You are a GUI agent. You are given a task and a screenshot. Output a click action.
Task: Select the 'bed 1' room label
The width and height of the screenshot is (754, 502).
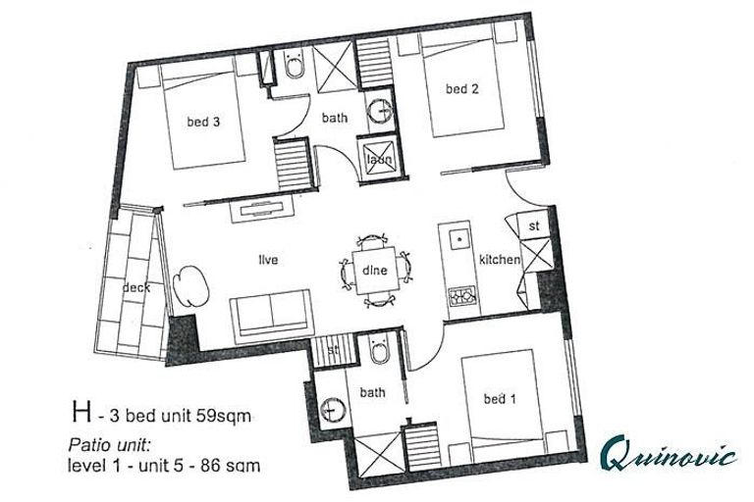click(x=498, y=399)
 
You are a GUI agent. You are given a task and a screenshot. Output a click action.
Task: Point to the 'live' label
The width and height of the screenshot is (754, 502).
click(x=268, y=260)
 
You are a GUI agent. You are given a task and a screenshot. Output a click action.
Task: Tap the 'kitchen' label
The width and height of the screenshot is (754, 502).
click(x=499, y=260)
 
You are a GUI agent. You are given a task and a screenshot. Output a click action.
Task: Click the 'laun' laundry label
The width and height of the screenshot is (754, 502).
click(x=379, y=160)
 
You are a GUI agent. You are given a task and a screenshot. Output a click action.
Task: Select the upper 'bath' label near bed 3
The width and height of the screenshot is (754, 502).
click(x=335, y=118)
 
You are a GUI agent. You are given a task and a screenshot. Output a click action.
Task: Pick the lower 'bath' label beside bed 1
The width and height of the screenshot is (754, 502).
click(x=372, y=392)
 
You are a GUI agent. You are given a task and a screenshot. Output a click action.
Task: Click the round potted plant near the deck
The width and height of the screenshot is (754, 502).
click(x=192, y=287)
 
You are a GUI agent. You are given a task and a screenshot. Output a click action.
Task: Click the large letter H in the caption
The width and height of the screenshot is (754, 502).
click(x=79, y=413)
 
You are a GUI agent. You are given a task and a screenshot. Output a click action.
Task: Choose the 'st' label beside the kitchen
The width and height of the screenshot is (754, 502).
click(x=535, y=226)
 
